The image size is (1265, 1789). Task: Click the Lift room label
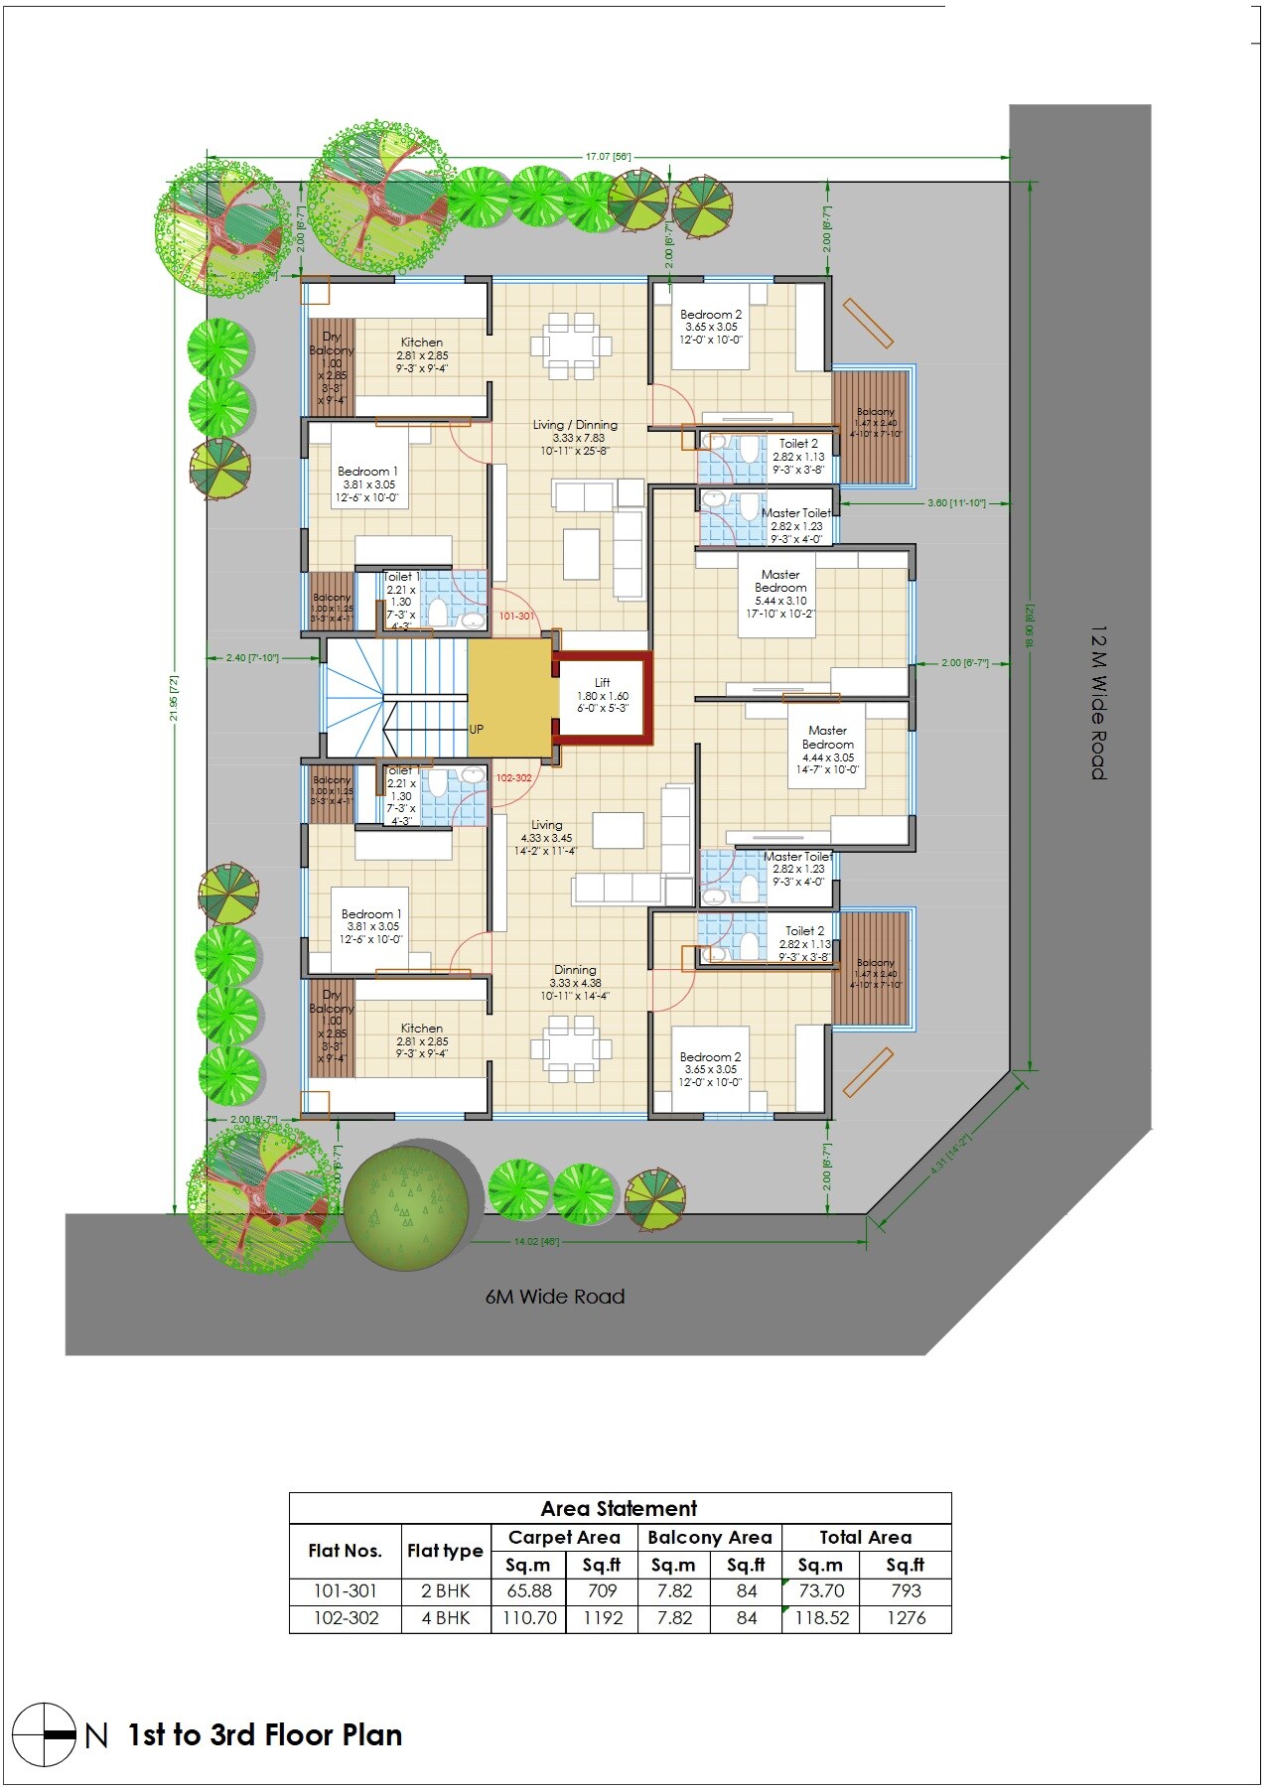602,683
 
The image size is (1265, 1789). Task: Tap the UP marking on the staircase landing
477,729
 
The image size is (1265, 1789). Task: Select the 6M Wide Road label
555,1296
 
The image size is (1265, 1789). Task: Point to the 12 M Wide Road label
1098,702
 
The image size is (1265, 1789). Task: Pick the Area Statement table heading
619,1508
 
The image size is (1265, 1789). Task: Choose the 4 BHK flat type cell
445,1617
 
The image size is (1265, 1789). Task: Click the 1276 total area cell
905,1617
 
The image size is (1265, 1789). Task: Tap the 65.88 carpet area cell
528,1590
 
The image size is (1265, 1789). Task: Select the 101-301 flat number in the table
345,1590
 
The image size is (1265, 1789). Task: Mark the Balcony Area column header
709,1537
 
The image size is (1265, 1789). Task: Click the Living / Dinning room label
575,425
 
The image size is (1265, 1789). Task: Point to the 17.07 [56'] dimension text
608,157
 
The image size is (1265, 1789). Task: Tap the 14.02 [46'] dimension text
536,1241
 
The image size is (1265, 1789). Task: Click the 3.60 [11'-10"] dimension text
956,503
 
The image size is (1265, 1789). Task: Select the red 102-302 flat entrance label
513,777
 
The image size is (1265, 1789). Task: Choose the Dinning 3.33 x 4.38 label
575,970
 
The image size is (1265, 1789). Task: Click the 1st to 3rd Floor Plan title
265,1734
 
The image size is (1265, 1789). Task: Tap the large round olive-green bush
406,1208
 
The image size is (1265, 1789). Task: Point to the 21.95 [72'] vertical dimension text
175,696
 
